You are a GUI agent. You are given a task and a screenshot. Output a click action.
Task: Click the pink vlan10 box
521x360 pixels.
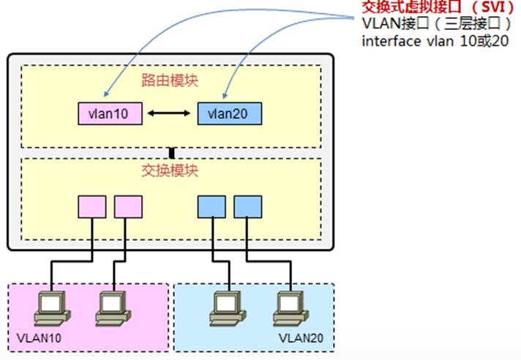point(108,113)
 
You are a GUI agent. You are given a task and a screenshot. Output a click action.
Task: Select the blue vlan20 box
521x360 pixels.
point(229,113)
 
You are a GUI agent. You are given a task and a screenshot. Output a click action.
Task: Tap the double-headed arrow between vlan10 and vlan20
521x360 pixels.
point(168,113)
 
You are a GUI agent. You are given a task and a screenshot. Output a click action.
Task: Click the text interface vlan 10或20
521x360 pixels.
point(435,42)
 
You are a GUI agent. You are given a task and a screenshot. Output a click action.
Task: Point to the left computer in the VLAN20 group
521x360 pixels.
point(224,308)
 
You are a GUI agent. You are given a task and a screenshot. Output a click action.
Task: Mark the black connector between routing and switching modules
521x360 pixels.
point(172,153)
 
